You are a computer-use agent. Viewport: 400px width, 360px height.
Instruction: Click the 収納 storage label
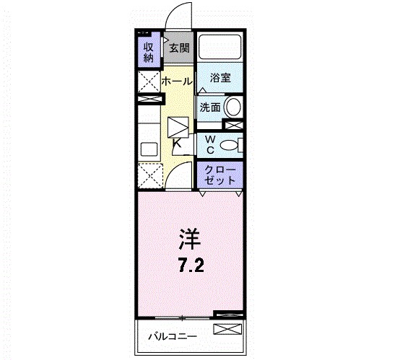[x=148, y=52]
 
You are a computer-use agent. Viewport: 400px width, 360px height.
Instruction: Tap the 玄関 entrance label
[x=179, y=49]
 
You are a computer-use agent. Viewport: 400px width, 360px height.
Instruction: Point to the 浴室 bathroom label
[x=220, y=78]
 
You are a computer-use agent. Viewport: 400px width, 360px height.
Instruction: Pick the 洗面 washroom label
[x=210, y=107]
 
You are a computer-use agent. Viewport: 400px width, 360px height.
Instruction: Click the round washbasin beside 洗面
[x=234, y=108]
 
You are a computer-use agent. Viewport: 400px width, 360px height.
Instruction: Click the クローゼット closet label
[x=220, y=174]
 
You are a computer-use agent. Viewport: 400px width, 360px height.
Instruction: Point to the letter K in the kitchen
[x=177, y=143]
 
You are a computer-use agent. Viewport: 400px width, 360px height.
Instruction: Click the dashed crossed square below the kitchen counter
[x=150, y=175]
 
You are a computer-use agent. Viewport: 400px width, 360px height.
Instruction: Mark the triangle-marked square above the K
[x=178, y=126]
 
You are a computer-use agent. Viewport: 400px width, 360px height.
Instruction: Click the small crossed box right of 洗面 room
[x=233, y=126]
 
